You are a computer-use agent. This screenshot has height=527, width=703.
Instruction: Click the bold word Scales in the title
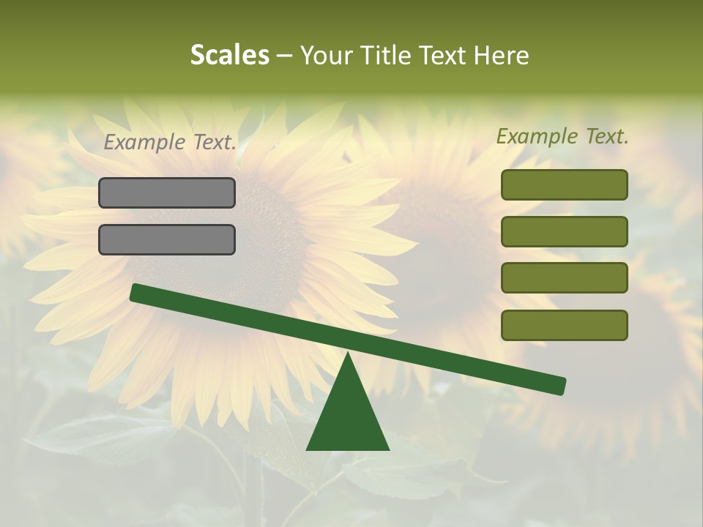(229, 55)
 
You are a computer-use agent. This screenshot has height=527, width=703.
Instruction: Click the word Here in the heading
(502, 55)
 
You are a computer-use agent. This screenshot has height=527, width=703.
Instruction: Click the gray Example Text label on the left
(170, 143)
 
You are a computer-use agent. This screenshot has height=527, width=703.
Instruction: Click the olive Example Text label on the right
(562, 136)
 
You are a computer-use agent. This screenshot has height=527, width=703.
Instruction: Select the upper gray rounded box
(167, 193)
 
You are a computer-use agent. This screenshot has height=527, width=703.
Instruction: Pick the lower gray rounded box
(167, 239)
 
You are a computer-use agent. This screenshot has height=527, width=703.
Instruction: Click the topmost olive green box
(564, 184)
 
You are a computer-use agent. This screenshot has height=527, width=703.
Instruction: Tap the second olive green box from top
(564, 231)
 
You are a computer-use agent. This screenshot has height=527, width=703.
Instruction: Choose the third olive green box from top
(564, 278)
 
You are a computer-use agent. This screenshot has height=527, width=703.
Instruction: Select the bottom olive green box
(564, 325)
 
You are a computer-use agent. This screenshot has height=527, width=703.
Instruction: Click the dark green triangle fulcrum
(347, 417)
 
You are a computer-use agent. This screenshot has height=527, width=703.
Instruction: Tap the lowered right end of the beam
(558, 385)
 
